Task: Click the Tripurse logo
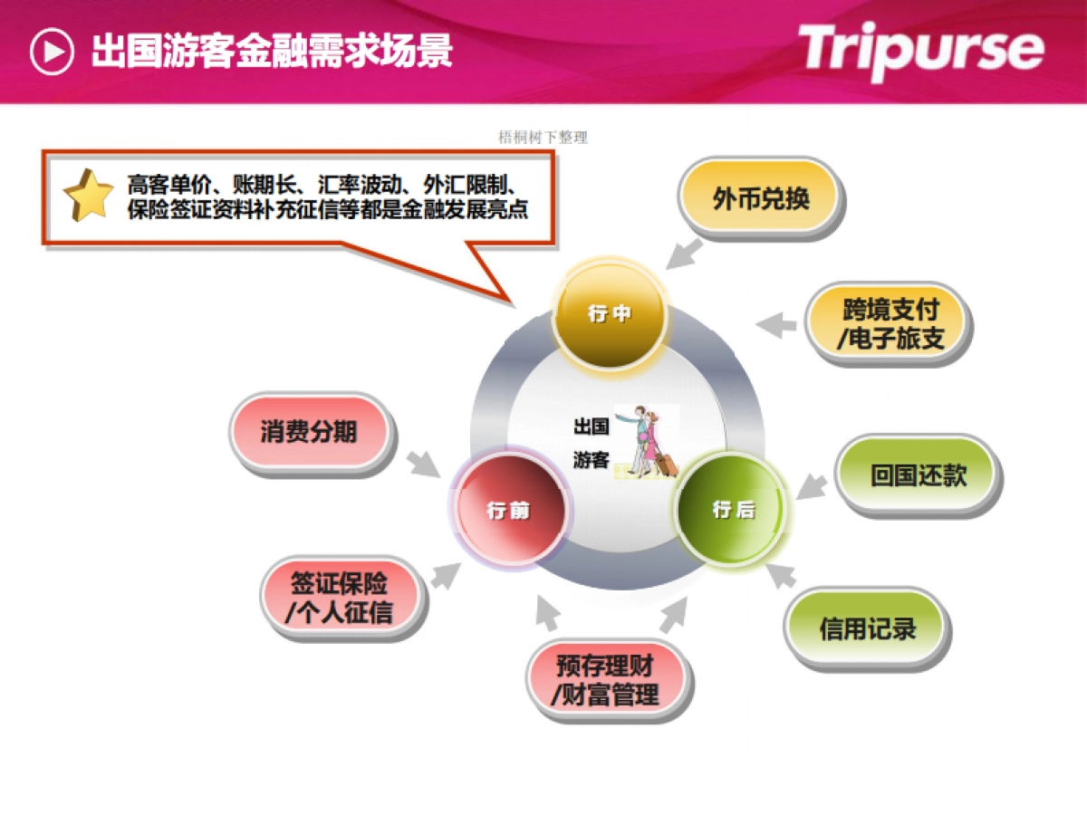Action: point(920,50)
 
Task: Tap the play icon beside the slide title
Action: point(52,52)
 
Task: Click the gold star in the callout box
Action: point(88,196)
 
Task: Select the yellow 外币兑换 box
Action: point(760,198)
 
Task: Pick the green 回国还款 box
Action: point(919,475)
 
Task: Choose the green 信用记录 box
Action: point(867,628)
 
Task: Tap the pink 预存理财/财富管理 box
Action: point(608,680)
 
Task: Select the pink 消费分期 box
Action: point(309,432)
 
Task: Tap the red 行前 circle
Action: point(509,510)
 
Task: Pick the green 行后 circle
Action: point(733,510)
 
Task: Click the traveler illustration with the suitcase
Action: point(647,443)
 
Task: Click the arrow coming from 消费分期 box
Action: point(421,463)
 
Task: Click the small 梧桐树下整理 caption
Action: point(543,138)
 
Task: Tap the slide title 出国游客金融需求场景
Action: point(272,52)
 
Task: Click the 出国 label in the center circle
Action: point(591,426)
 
